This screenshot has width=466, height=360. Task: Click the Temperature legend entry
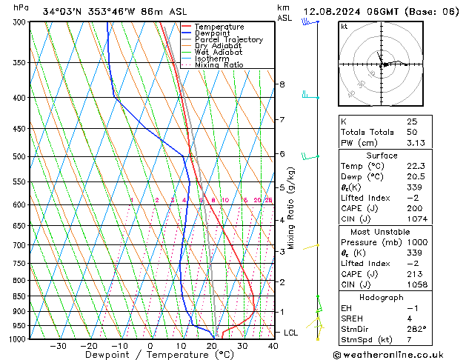coord(219,27)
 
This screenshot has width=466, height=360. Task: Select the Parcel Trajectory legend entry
coord(228,39)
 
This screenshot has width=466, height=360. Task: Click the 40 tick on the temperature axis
coord(273,346)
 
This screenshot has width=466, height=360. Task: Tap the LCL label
coord(291,333)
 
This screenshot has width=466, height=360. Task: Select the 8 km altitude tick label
coord(282,84)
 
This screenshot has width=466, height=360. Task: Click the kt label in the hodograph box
coord(344,26)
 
